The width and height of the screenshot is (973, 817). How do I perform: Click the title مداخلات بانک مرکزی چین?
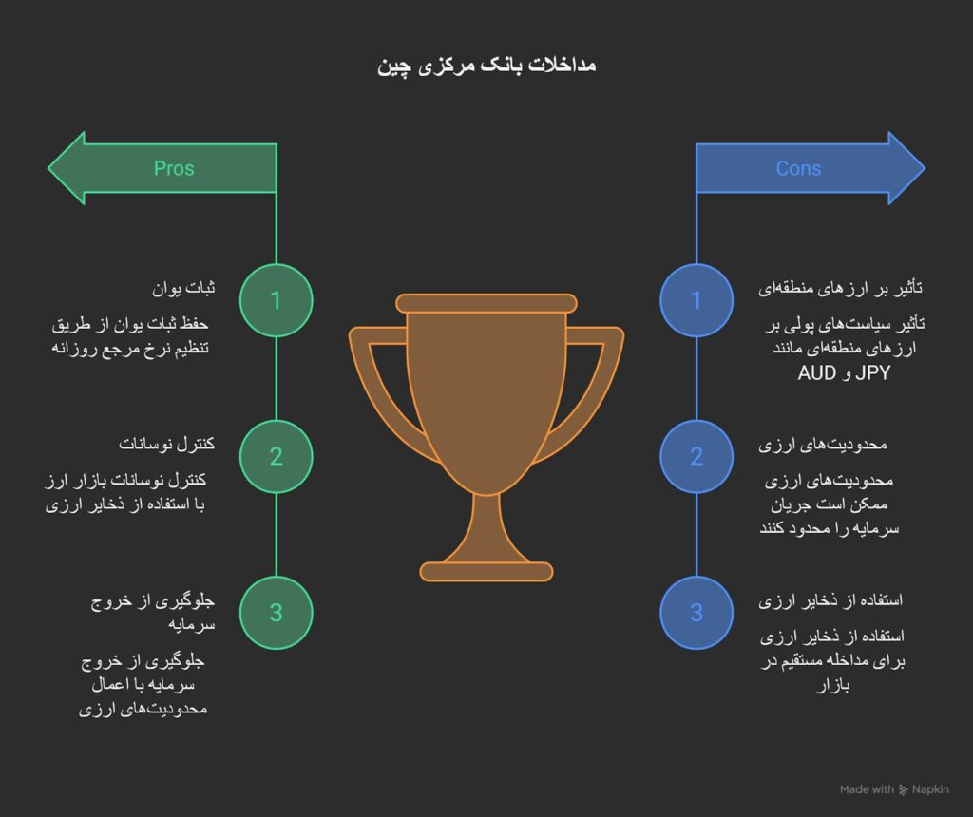coord(486,66)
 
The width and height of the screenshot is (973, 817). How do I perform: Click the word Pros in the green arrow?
coord(174,168)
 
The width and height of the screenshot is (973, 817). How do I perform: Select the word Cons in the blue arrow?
coord(798,168)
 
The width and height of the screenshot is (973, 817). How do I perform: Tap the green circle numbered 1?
coord(276,300)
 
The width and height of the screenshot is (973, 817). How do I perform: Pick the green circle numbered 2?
coord(276,456)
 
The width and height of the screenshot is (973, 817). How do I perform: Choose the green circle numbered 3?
coord(276,613)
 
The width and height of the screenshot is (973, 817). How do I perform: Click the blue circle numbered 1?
coord(696,300)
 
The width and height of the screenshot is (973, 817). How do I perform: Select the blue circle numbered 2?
coord(696,456)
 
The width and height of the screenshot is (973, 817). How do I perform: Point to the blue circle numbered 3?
coord(696,613)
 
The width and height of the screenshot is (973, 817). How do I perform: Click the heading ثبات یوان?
coord(184,287)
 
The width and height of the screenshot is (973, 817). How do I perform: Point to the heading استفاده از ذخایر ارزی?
coord(830,600)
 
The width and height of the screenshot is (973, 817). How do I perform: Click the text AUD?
coord(817,373)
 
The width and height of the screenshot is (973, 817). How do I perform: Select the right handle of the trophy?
coord(599,380)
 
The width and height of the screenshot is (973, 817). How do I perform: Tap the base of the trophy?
coord(486,571)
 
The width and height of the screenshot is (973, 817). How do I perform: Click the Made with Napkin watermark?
coord(893,789)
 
